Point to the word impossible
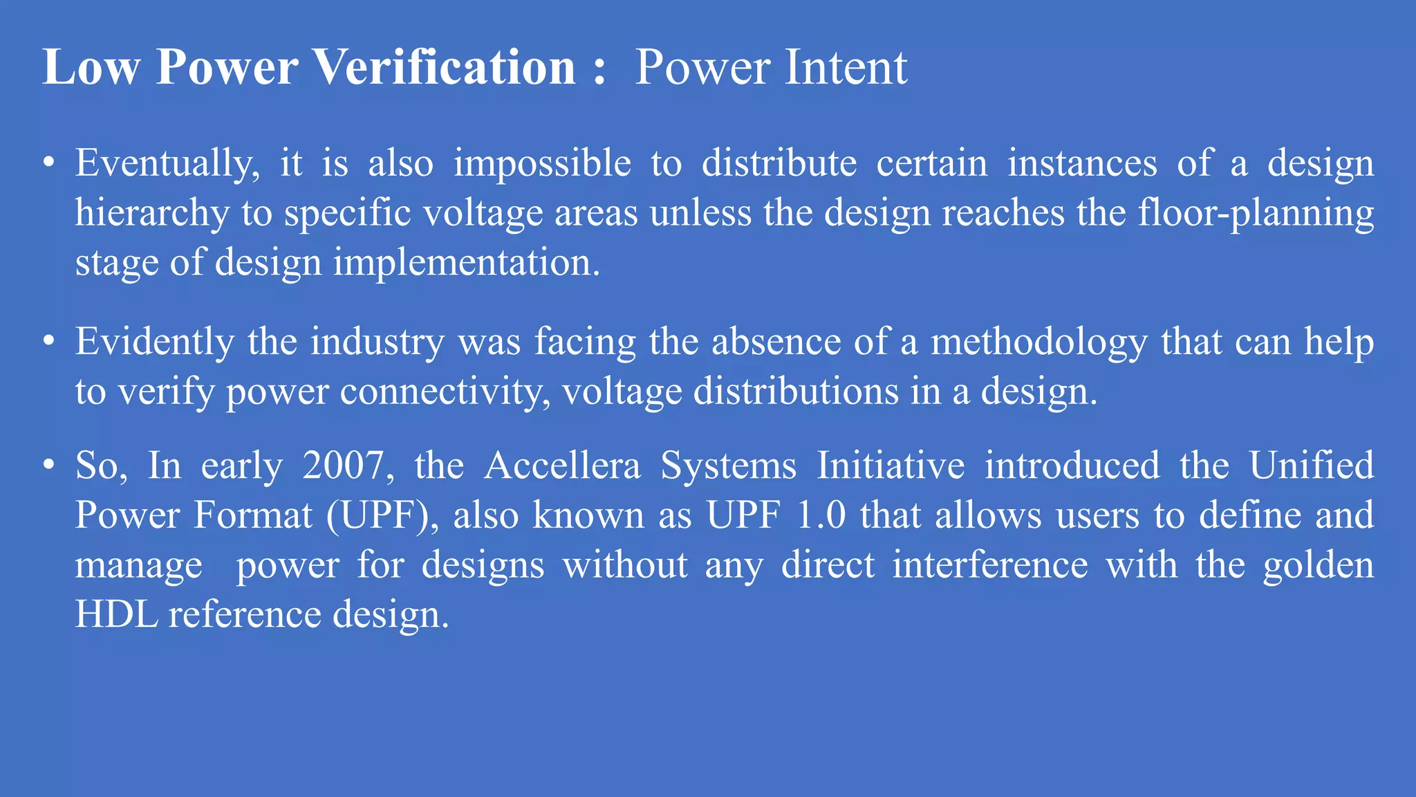coord(542,165)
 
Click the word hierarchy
coord(152,214)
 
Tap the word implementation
coord(467,264)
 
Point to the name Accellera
coord(562,466)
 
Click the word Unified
coord(1312,466)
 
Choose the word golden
coord(1319,565)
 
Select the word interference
coord(989,565)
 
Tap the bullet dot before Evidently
coord(48,342)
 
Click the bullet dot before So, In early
coord(48,465)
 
